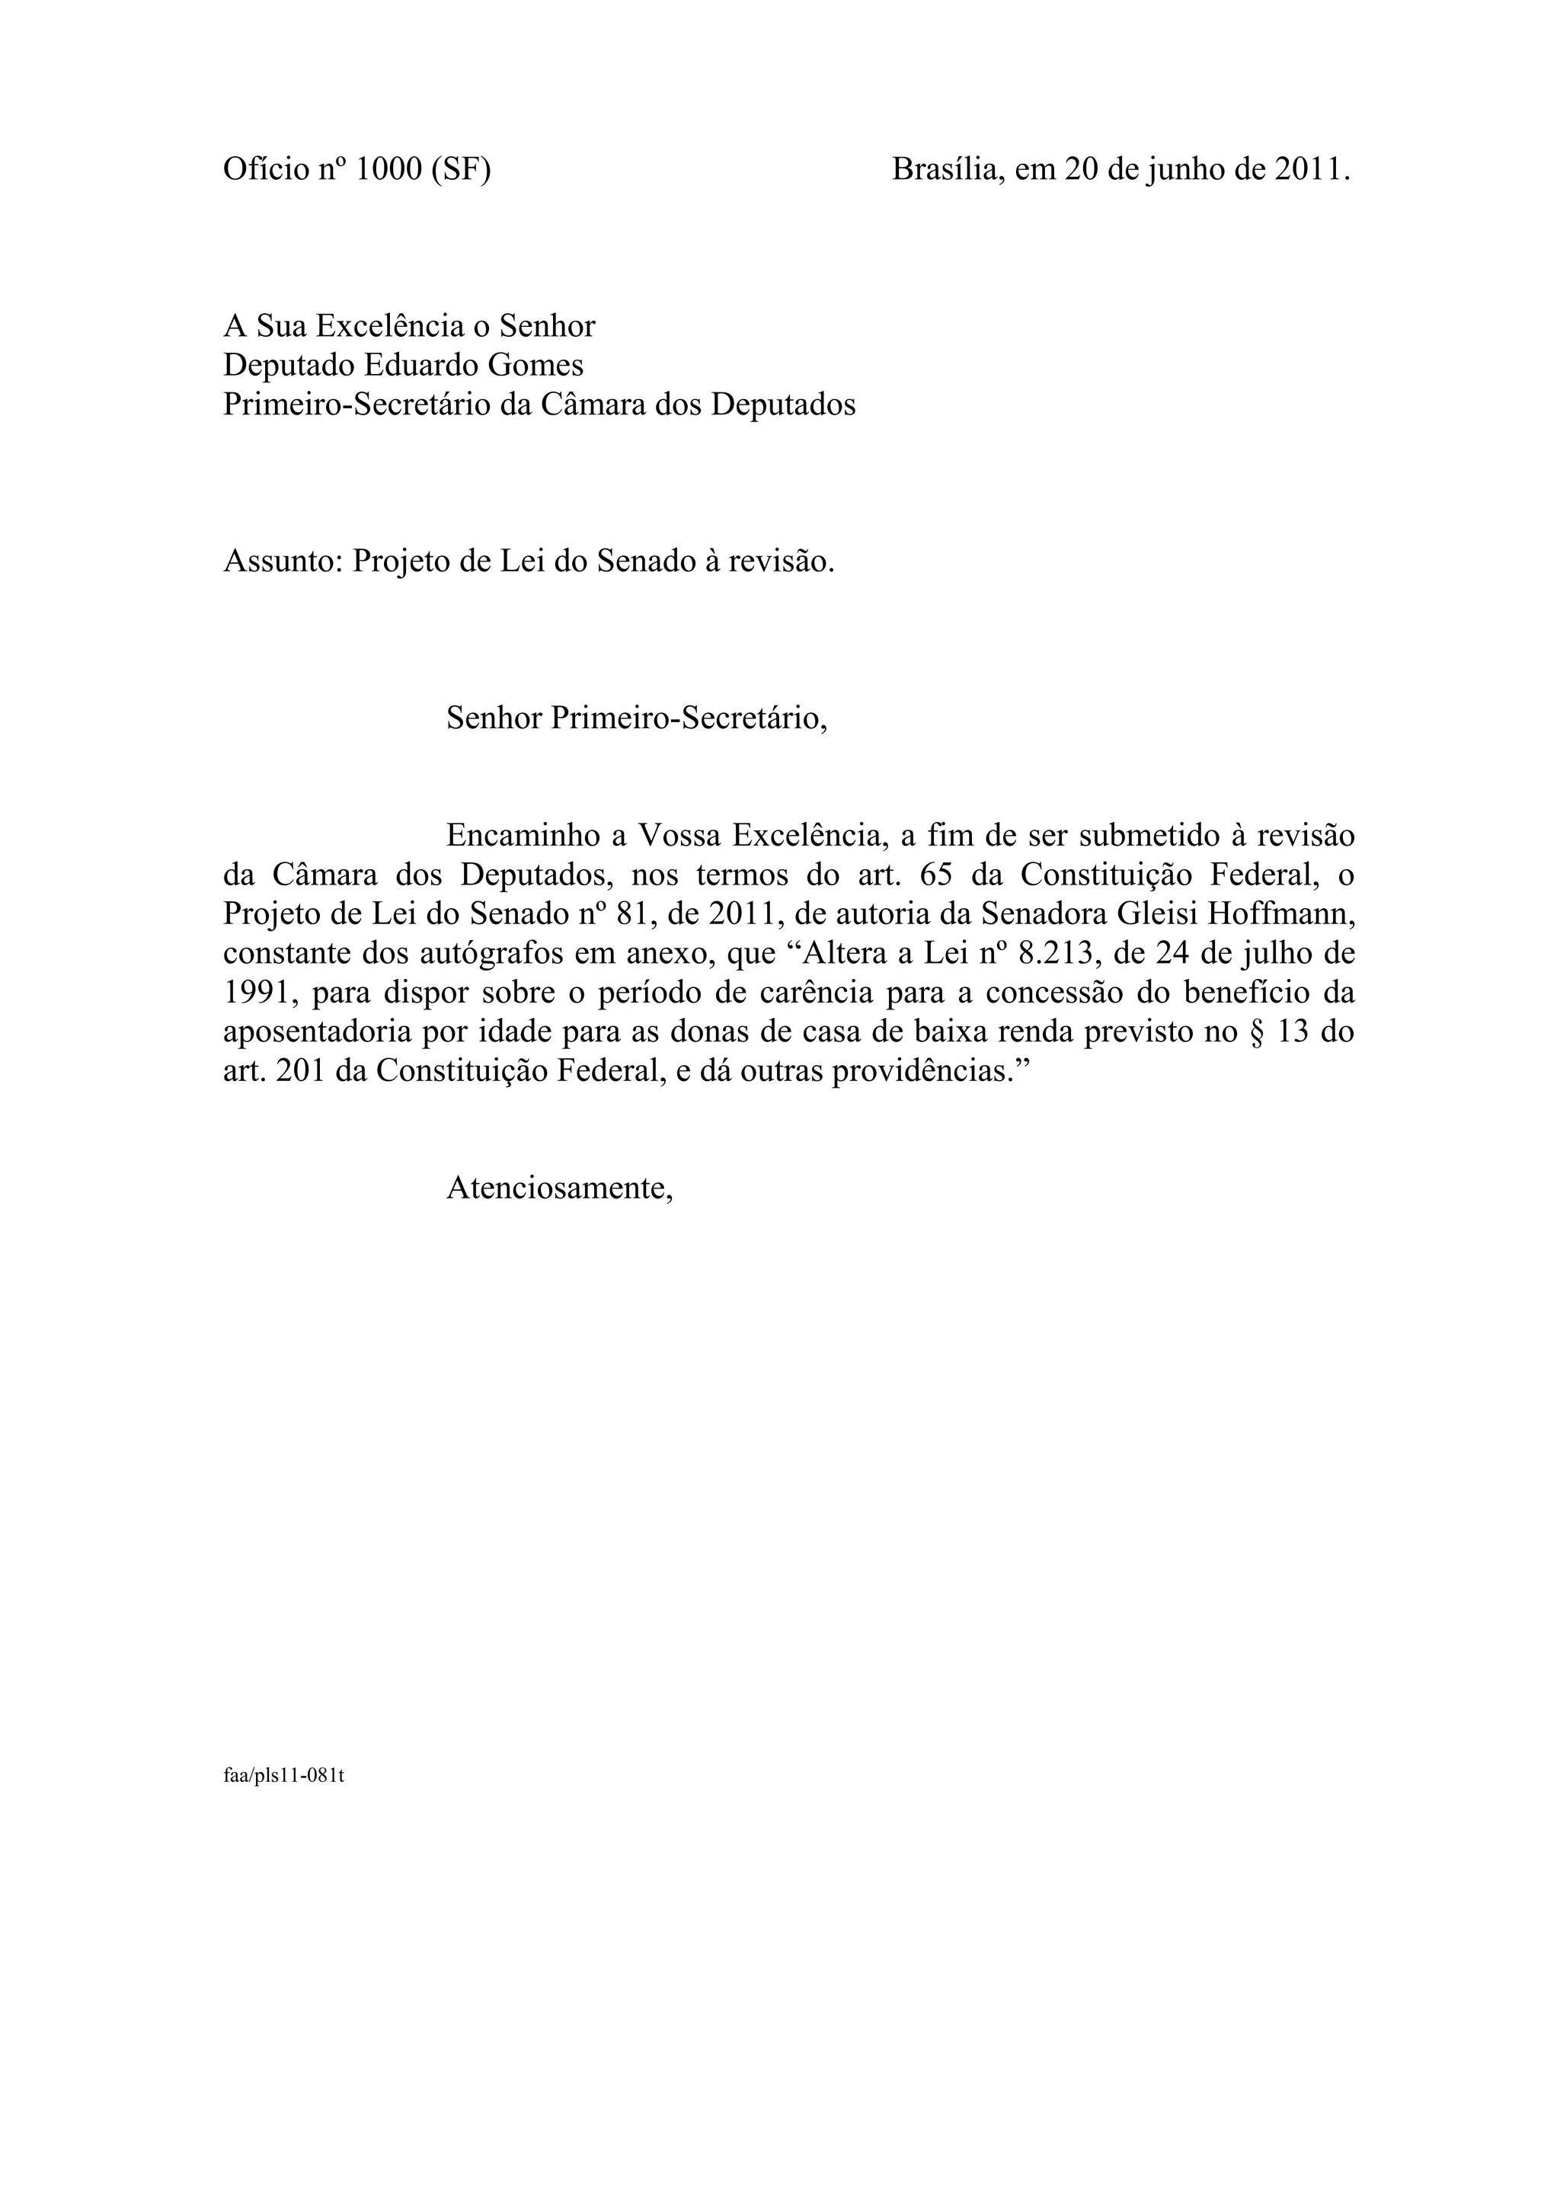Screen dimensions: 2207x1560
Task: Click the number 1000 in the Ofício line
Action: click(388, 169)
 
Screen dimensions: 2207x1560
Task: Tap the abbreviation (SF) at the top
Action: click(460, 169)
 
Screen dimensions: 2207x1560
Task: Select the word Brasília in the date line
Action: click(945, 169)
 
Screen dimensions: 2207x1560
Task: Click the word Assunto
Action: click(283, 561)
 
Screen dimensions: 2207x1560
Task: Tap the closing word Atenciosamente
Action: click(558, 1188)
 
